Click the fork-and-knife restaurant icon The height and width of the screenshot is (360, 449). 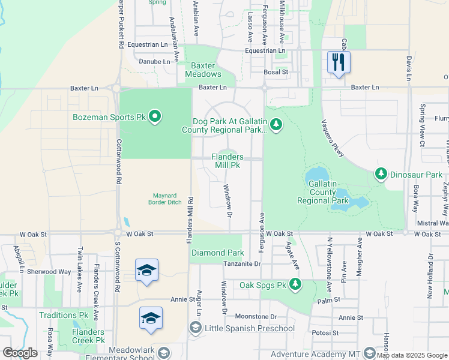pyautogui.click(x=339, y=62)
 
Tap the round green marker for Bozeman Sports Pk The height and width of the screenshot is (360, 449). pyautogui.click(x=155, y=116)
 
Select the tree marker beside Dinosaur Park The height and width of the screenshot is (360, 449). pyautogui.click(x=381, y=174)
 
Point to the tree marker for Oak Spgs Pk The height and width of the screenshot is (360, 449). pyautogui.click(x=295, y=284)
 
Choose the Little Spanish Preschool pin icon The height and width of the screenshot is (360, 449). pyautogui.click(x=195, y=328)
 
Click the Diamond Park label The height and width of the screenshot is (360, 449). pyautogui.click(x=217, y=253)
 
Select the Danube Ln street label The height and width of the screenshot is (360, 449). pyautogui.click(x=155, y=61)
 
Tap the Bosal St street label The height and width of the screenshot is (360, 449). pyautogui.click(x=276, y=72)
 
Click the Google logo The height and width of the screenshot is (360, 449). pyautogui.click(x=19, y=353)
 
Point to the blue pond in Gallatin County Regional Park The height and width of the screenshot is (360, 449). pyautogui.click(x=349, y=203)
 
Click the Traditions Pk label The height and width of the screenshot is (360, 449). pyautogui.click(x=63, y=315)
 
